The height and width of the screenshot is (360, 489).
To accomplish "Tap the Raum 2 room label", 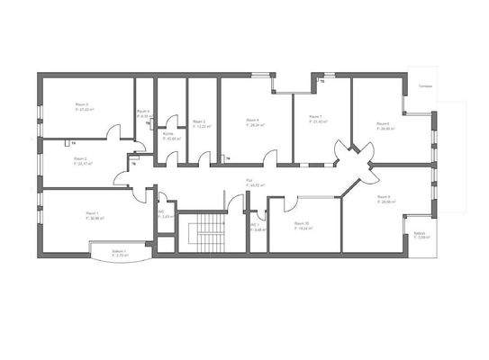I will [80, 158].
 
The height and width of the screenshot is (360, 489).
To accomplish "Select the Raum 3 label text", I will [82, 104].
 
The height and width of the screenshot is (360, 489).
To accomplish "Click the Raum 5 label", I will [199, 121].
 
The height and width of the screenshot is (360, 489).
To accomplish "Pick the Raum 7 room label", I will [315, 116].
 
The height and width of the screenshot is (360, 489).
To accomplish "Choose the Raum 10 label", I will [301, 223].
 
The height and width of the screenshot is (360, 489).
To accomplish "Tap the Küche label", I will [168, 133].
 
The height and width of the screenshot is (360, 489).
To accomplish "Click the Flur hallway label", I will [249, 180].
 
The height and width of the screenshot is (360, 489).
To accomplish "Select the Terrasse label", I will [426, 86].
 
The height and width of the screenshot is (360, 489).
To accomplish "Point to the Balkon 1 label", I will [119, 250].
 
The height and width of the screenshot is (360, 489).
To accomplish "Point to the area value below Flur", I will [256, 185].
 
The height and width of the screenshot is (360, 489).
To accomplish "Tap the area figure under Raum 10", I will [302, 229].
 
